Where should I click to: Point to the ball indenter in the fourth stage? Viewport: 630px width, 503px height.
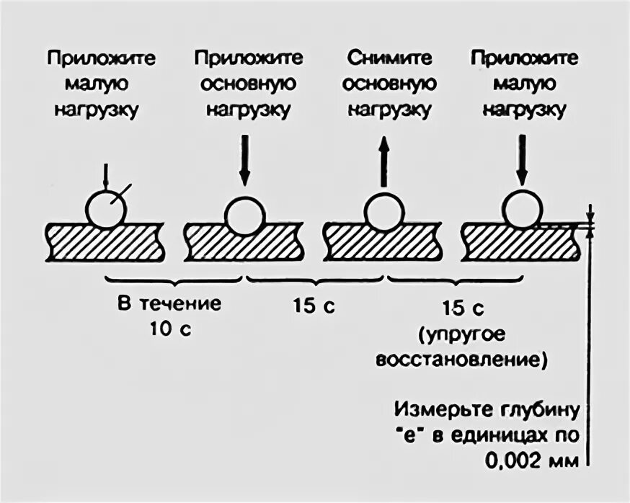(523, 210)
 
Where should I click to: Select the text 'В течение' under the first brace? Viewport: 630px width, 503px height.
(170, 303)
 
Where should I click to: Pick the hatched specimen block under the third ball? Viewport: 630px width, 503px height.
(383, 243)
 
